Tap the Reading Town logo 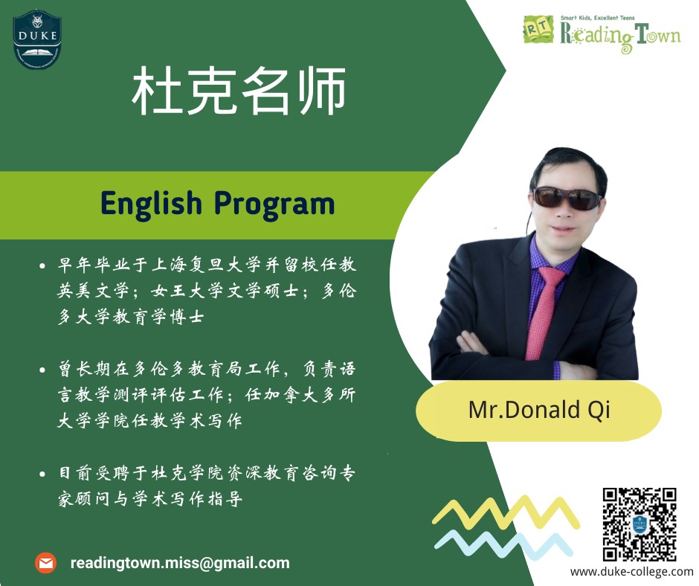601,33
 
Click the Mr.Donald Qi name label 538,410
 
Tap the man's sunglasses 568,198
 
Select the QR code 639,524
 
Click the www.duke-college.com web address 631,572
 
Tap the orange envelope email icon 45,563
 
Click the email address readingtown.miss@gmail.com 180,563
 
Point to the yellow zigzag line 506,512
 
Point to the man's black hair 563,164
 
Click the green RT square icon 538,30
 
